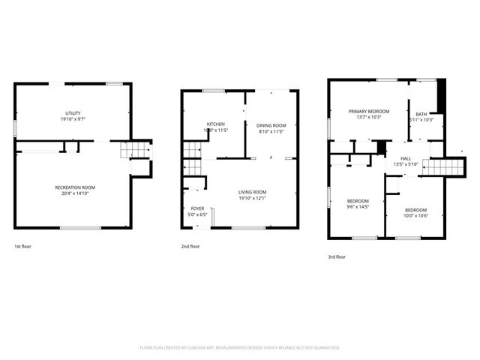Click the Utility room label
coord(73,112)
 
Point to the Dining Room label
coord(271,125)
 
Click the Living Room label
coord(252,192)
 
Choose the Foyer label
coord(197,208)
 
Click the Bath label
coord(421,114)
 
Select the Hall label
coord(406,158)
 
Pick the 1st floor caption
coord(22,246)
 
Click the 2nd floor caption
coord(190,246)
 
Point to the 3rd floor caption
coord(337,256)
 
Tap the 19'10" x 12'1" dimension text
coord(252,198)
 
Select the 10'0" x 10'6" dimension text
coord(416,215)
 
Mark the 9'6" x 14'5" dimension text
coord(358,206)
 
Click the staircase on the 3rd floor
coord(442,166)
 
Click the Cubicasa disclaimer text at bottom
coord(240,348)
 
